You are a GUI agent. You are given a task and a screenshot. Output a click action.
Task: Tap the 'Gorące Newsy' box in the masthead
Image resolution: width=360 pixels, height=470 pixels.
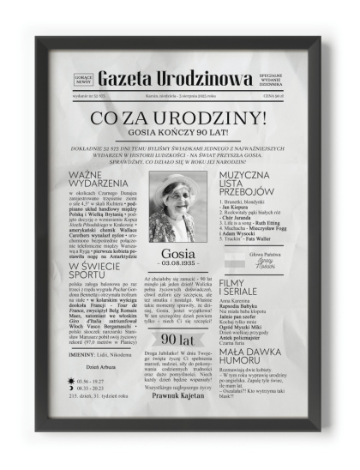click(83, 79)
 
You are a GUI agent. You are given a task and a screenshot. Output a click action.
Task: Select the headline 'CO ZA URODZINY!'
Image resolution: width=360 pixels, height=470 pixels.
click(179, 118)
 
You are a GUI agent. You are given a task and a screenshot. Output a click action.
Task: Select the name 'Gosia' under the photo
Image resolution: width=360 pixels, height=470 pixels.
click(178, 254)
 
